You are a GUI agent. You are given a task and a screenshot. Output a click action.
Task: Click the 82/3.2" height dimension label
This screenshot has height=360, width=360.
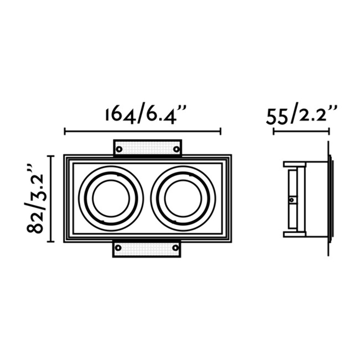(x=37, y=199)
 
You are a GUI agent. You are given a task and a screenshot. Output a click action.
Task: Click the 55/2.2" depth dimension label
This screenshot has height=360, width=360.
(x=301, y=116)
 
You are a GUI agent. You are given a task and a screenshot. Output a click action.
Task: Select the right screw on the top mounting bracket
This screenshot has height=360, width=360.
(x=177, y=149)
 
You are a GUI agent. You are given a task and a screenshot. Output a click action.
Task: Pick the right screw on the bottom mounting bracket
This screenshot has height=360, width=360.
(x=175, y=248)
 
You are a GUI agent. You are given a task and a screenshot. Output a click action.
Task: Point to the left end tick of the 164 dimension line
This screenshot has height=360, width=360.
(x=65, y=131)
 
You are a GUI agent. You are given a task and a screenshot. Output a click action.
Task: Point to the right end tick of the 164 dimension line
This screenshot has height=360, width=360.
(x=221, y=131)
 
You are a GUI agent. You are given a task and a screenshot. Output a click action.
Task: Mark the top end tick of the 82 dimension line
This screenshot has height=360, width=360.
(x=51, y=156)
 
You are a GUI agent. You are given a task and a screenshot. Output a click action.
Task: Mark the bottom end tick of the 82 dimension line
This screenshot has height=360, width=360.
(x=51, y=241)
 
